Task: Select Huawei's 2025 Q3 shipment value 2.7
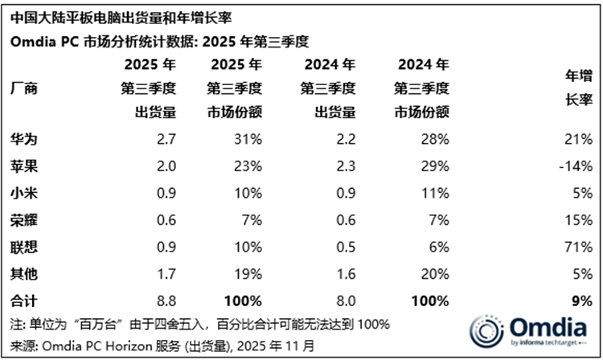(x=167, y=140)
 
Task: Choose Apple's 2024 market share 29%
(x=435, y=167)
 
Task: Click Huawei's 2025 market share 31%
(x=248, y=140)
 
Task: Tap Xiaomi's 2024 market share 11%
(x=435, y=194)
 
